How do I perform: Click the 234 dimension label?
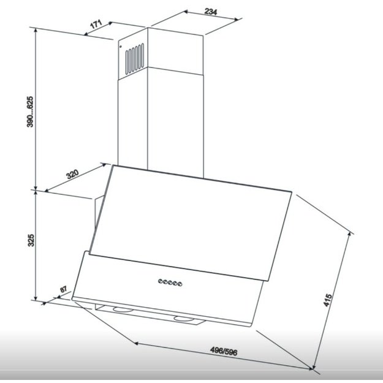point(211,11)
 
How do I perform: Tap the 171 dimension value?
point(96,24)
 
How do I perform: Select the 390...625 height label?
point(30,112)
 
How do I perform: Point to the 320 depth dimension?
point(72,174)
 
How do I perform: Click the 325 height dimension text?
point(31,240)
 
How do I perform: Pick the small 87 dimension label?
point(63,289)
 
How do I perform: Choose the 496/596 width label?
point(224,351)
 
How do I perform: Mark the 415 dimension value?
point(328,300)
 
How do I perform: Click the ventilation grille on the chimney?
point(135,59)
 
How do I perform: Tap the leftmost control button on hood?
point(160,281)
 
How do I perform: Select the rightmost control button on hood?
point(180,284)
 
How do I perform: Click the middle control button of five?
point(170,283)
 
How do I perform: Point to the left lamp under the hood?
point(123,309)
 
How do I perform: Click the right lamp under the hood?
point(184,319)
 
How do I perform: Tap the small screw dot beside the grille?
point(121,47)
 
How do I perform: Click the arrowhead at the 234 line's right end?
point(237,20)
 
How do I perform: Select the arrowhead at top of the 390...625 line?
point(36,30)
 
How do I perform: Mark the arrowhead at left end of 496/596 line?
point(136,343)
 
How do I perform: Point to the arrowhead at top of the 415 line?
point(350,233)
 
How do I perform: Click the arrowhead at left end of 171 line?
point(86,34)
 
